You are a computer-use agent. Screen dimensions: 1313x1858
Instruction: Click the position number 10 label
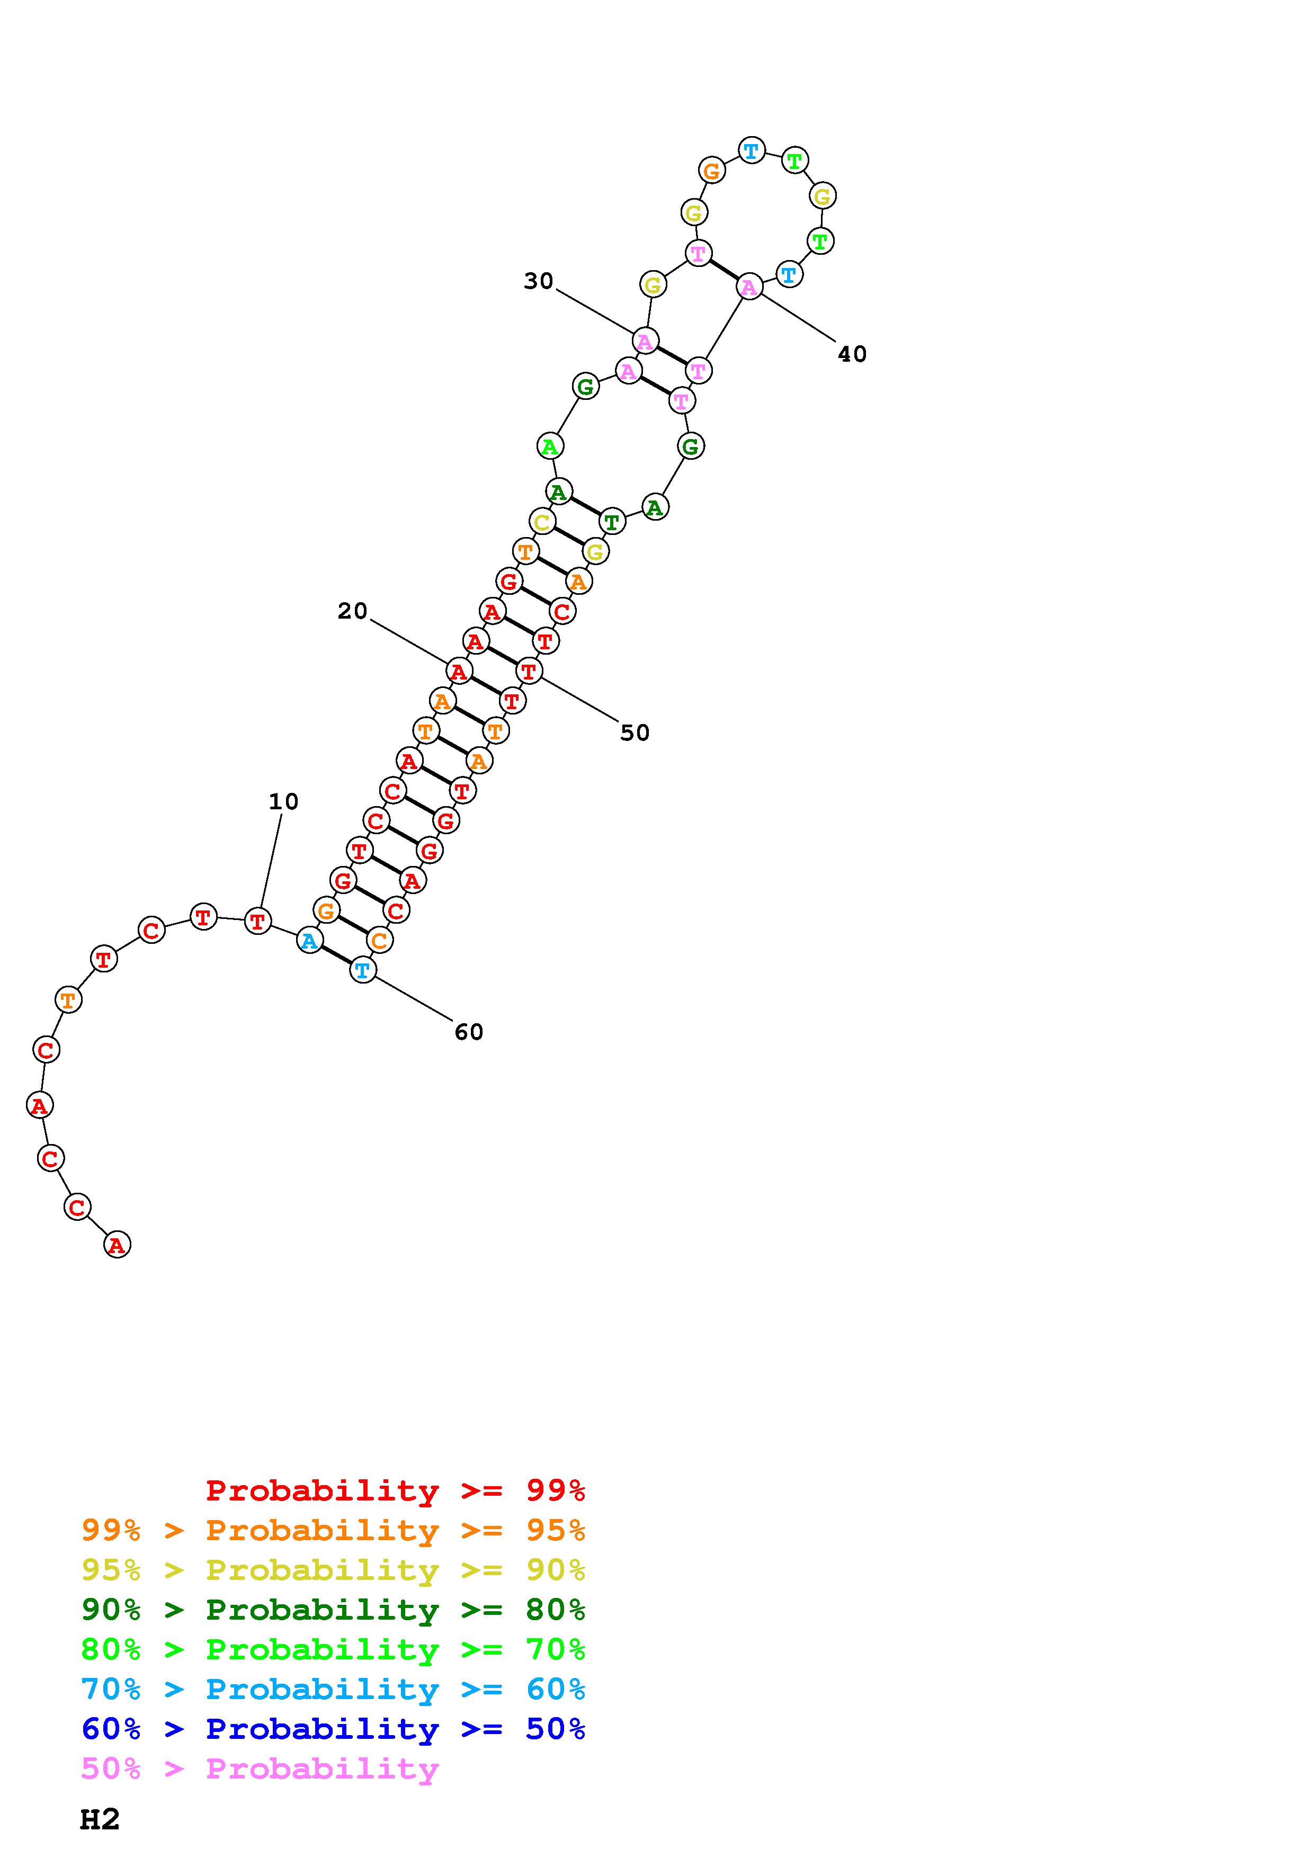click(283, 801)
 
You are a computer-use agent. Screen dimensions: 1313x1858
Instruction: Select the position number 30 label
click(538, 281)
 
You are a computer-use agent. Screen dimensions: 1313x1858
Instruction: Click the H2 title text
click(100, 1819)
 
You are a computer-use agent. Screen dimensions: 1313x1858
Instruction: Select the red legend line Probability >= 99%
click(396, 1490)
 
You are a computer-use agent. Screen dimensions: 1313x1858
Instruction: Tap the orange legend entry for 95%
click(333, 1530)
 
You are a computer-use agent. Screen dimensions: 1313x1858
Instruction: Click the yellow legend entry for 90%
click(333, 1569)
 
